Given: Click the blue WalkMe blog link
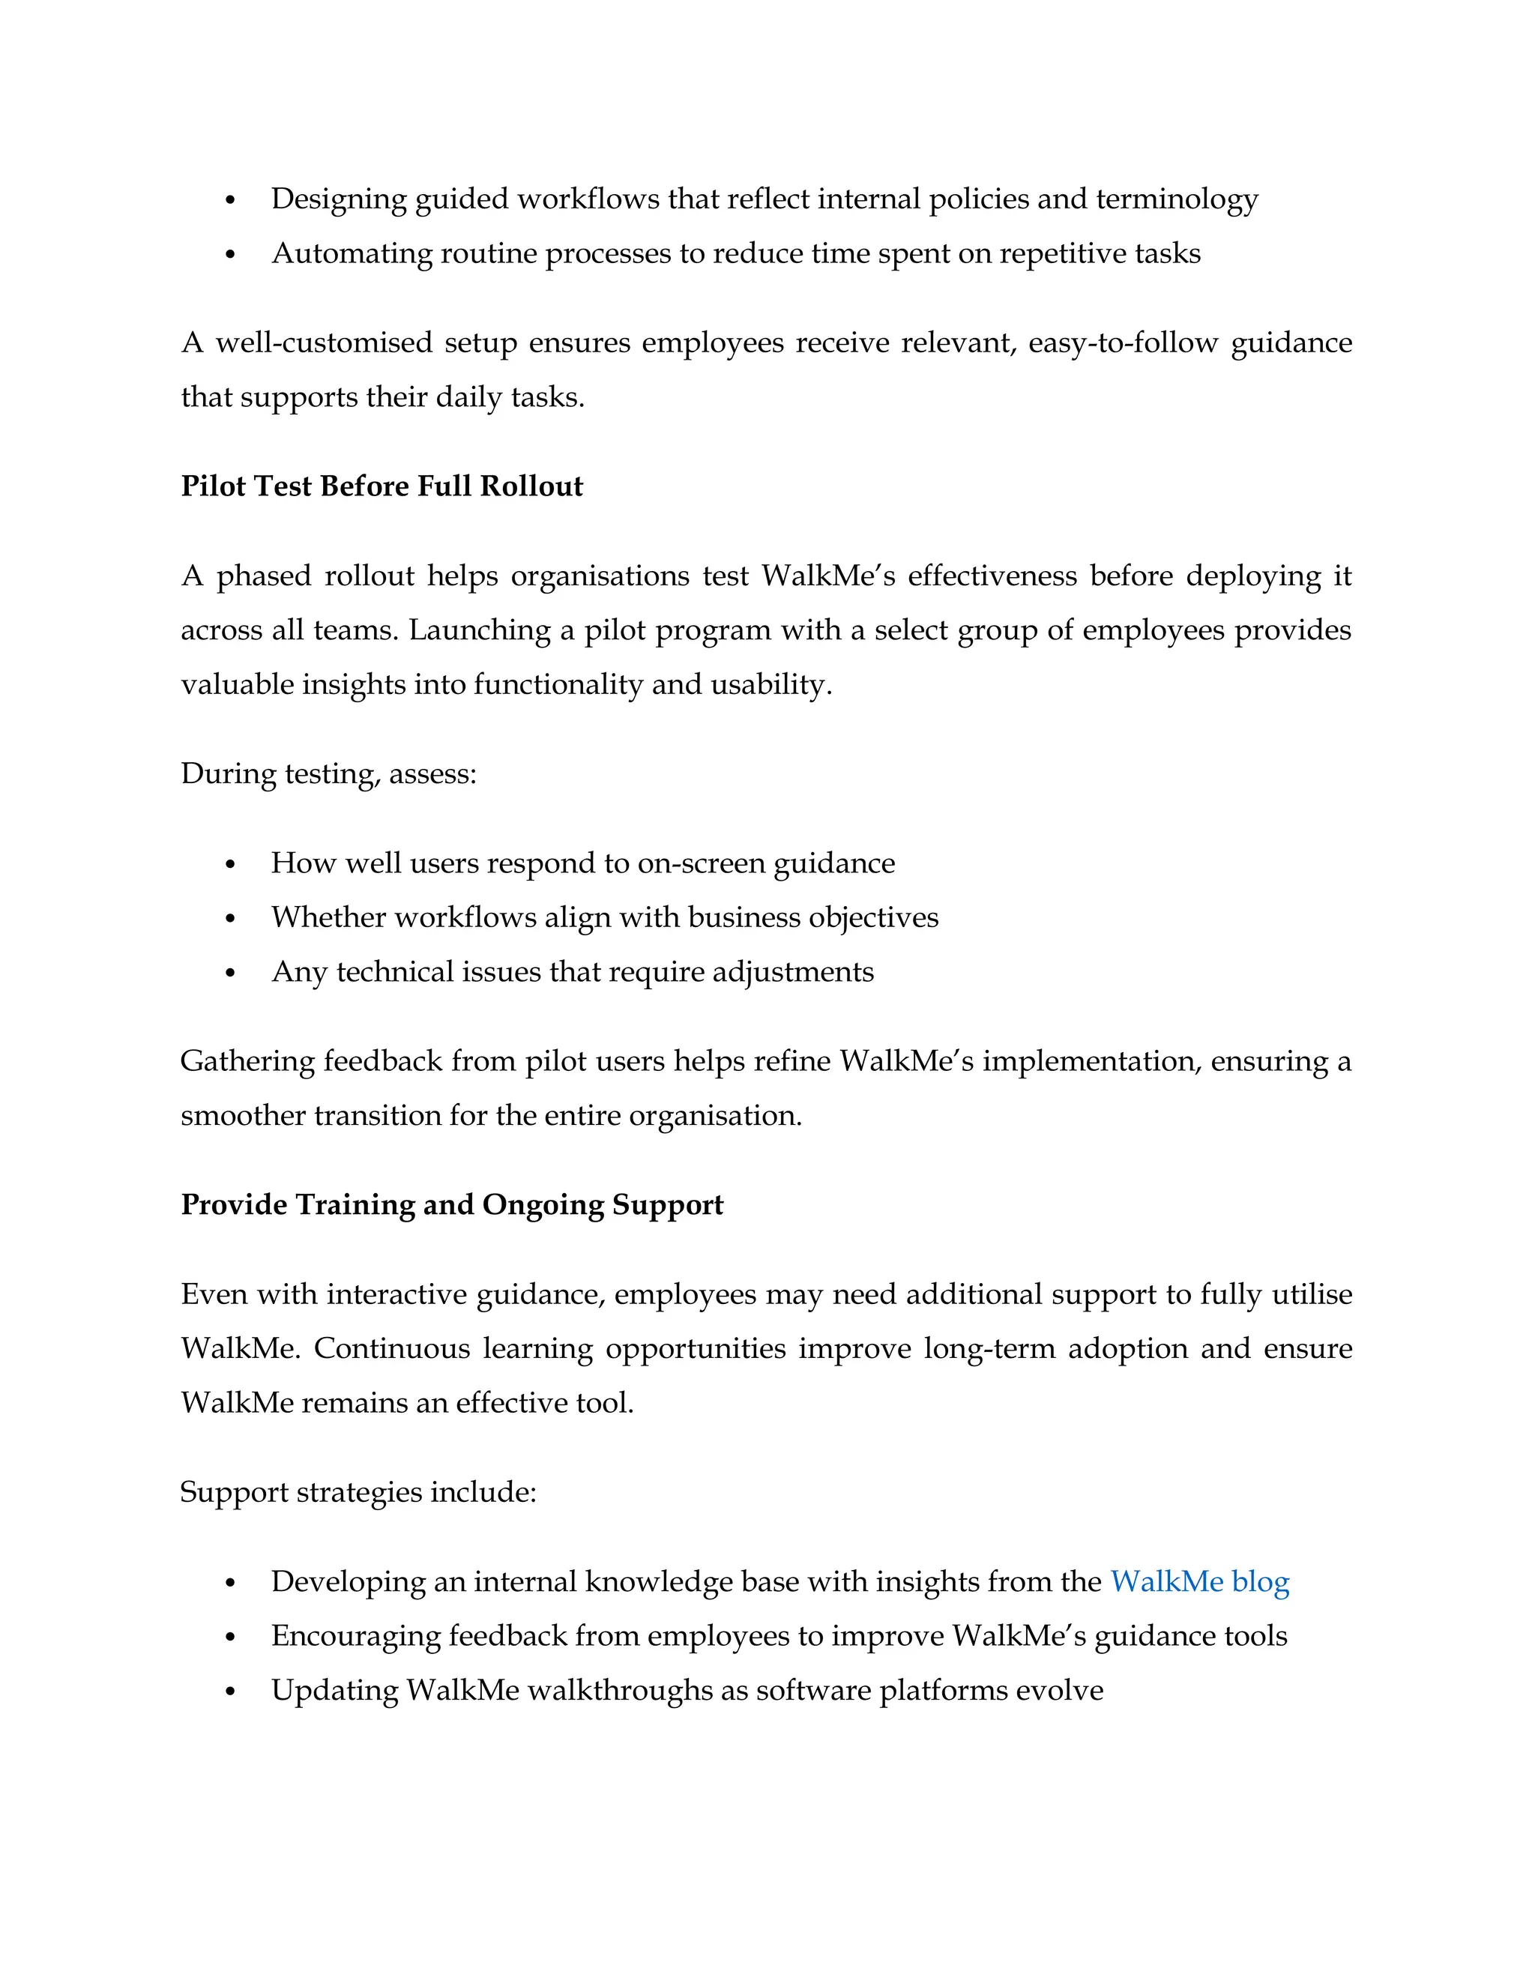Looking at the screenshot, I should [1199, 1581].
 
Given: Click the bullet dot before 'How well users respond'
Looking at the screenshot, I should [230, 864].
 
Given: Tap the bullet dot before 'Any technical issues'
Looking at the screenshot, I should [230, 973].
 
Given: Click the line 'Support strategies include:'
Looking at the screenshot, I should [358, 1491].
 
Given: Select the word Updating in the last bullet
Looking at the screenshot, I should [334, 1691].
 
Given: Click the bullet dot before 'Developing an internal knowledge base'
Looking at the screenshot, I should [230, 1583].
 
